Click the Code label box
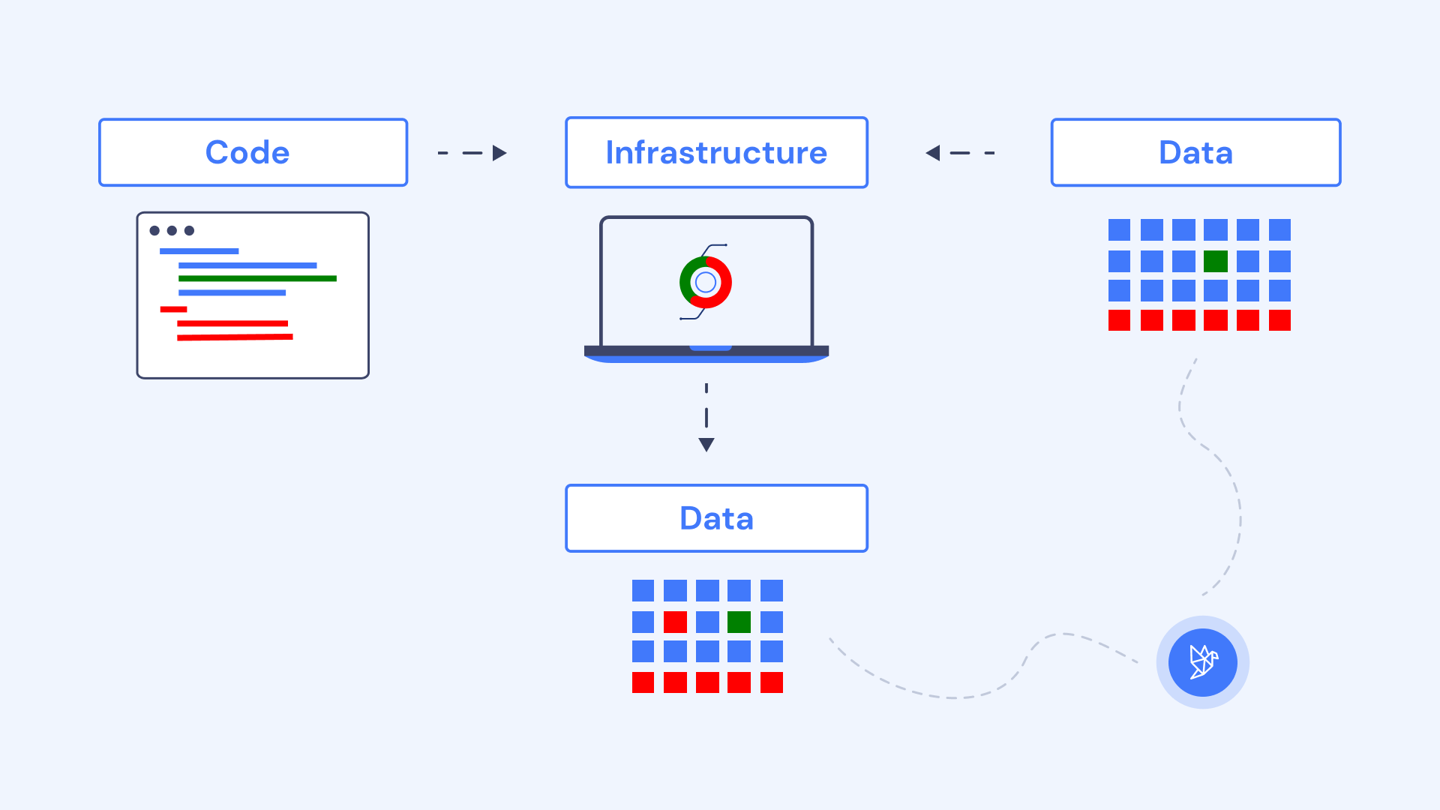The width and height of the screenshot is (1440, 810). [x=253, y=152]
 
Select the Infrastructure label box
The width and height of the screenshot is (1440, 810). [x=716, y=152]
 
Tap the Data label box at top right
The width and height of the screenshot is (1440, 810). [x=1195, y=152]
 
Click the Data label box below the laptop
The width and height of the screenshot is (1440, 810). [x=716, y=518]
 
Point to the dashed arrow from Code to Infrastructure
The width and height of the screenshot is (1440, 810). [x=472, y=153]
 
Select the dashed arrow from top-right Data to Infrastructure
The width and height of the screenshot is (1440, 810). [x=960, y=153]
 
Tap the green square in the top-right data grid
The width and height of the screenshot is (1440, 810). [x=1215, y=261]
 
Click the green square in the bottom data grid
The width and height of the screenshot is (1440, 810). [x=739, y=622]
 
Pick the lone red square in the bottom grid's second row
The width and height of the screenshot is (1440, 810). [x=675, y=622]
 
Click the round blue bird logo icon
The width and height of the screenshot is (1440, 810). [x=1202, y=662]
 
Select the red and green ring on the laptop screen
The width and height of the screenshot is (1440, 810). [x=705, y=282]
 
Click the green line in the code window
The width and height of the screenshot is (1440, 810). [x=257, y=278]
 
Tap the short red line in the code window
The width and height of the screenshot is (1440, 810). [x=173, y=309]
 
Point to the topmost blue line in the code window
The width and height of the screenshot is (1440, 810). [x=199, y=251]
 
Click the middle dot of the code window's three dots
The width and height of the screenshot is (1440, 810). [x=172, y=230]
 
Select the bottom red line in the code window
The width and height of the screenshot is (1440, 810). [x=235, y=337]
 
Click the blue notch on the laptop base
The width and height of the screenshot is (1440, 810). [x=710, y=348]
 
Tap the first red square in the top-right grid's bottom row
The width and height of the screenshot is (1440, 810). [x=1119, y=320]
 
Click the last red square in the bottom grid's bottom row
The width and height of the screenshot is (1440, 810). [x=771, y=682]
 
